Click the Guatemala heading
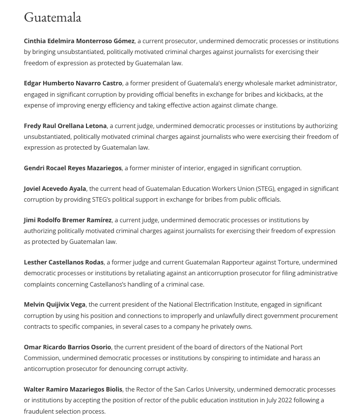[53, 18]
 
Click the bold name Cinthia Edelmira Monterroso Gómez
[79, 41]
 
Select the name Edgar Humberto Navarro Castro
[73, 83]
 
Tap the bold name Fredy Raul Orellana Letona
[65, 126]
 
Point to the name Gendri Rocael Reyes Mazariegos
[73, 168]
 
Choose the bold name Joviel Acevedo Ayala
[55, 189]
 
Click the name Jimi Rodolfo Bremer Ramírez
[68, 220]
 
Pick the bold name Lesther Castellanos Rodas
[64, 262]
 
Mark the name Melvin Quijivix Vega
[55, 305]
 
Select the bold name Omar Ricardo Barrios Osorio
[68, 347]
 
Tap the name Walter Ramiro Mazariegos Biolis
[73, 390]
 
